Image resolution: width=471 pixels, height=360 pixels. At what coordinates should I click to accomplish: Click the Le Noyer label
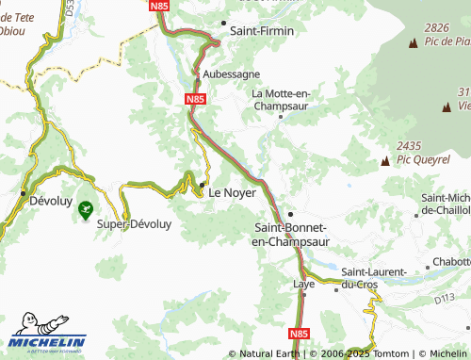[232, 191]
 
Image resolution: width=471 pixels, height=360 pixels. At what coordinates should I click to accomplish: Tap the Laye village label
[303, 283]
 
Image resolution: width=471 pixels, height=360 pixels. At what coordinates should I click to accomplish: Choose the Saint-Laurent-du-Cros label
[373, 277]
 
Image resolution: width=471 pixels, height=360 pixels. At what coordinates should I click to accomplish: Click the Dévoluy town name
[51, 201]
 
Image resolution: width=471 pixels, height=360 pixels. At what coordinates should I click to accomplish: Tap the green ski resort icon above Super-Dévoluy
[86, 208]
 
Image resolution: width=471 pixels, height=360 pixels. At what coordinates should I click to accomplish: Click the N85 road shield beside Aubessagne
[195, 98]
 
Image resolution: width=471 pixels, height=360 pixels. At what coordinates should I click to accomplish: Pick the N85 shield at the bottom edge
[298, 333]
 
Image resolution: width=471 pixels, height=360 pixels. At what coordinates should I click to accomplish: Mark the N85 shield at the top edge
[161, 6]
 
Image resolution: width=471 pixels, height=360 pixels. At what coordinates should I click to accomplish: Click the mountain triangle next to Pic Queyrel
[383, 162]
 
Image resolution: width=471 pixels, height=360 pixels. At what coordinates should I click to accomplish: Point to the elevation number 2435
[410, 145]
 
